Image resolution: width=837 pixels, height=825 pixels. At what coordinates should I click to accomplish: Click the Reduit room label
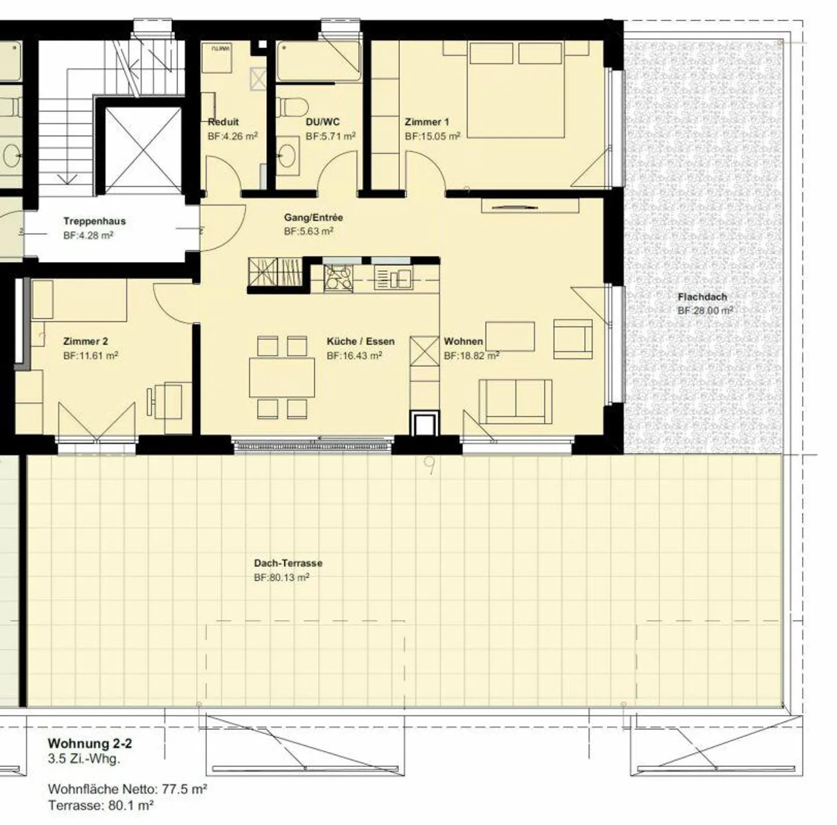pos(223,122)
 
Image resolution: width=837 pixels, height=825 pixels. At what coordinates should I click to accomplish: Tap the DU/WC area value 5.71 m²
pos(330,137)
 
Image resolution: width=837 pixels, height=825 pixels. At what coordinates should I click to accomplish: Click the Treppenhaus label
pos(94,221)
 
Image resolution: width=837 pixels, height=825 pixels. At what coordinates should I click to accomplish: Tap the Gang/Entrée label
pos(313,218)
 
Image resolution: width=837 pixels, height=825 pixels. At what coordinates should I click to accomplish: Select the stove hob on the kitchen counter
pos(338,278)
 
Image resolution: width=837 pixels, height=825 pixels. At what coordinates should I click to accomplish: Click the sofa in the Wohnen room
pos(515,401)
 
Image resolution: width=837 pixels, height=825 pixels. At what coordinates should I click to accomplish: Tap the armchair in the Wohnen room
pos(573,339)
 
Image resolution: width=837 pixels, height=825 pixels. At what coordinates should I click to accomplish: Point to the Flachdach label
pos(702,297)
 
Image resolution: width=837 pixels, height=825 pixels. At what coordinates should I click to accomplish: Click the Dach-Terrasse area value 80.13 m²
pos(281,577)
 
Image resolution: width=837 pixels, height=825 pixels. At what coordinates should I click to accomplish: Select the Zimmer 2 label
pos(85,342)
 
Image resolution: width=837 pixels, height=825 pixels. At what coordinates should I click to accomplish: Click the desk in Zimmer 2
pos(177,407)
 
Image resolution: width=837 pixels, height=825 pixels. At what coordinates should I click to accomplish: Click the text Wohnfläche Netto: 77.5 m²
pos(128,789)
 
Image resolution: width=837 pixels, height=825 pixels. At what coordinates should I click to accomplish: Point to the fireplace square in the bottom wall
pos(425,424)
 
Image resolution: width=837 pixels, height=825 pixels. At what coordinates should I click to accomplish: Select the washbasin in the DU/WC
pos(287,156)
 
